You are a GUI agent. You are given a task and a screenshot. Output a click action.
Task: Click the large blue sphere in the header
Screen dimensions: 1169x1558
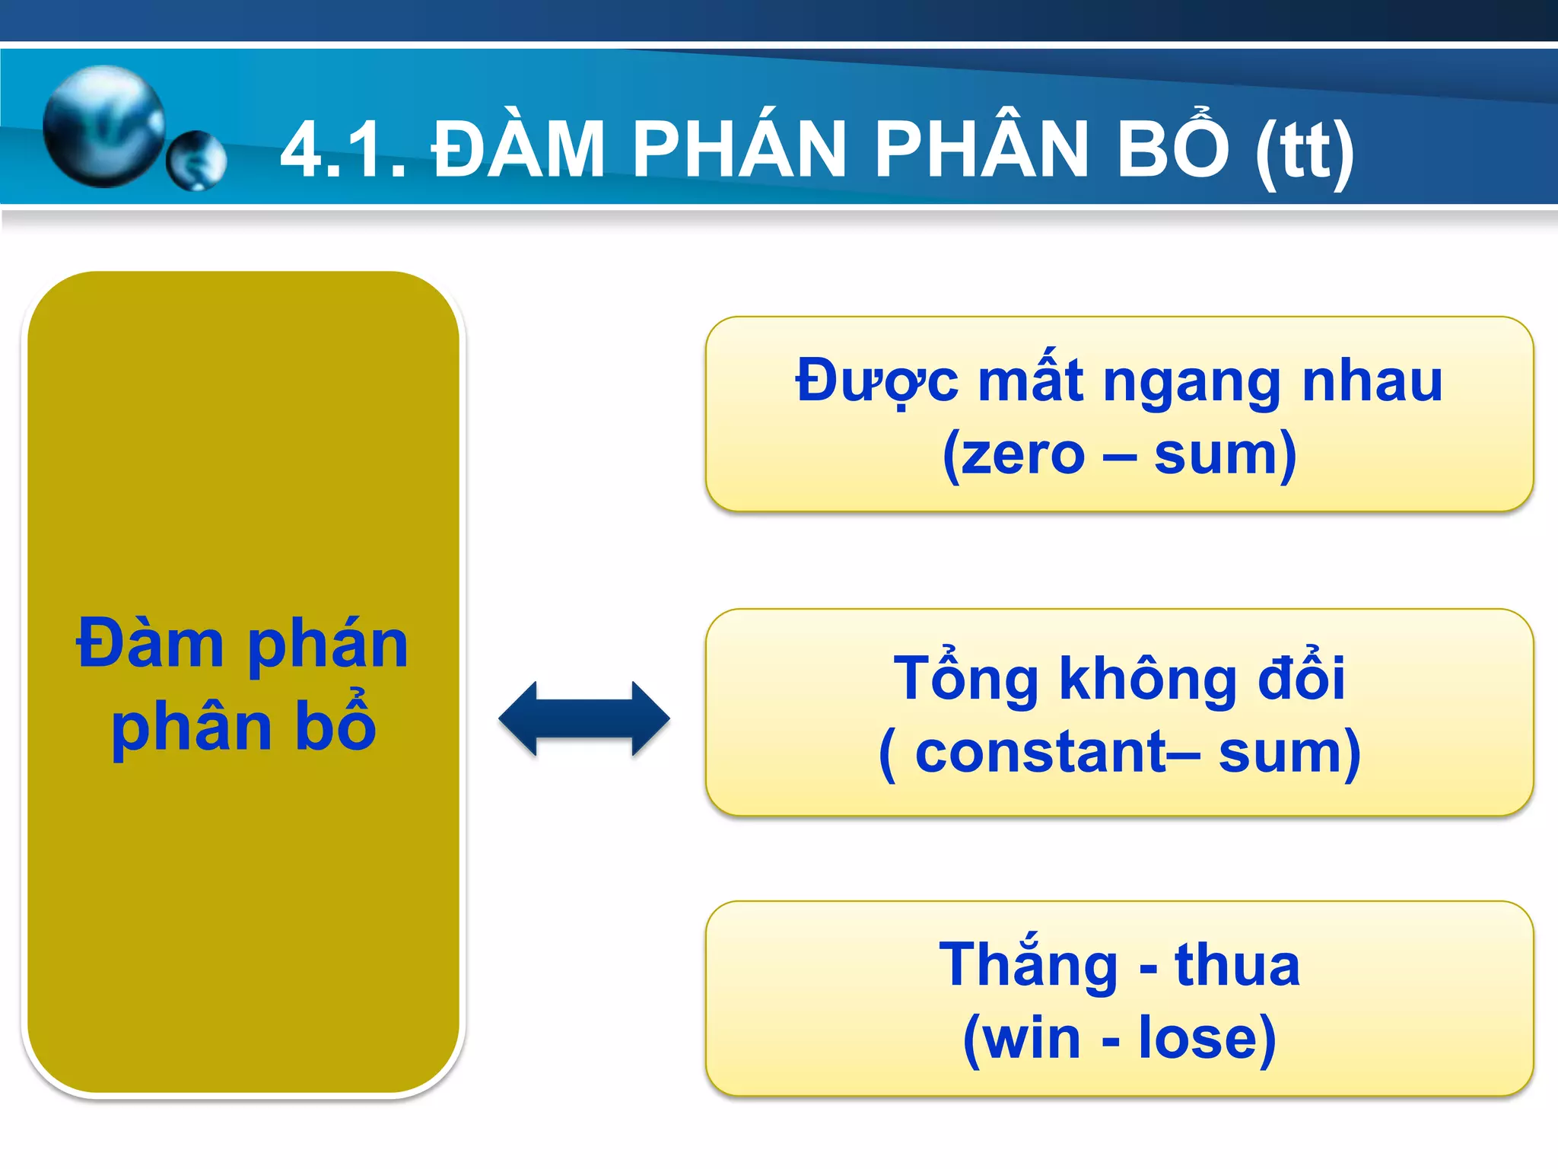pos(103,126)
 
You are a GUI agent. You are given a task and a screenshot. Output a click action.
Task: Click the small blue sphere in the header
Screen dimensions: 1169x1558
pos(196,161)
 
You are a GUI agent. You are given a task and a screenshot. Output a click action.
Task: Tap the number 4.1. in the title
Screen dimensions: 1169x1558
pos(343,150)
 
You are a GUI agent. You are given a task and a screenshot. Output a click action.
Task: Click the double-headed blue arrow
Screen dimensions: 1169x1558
pos(584,718)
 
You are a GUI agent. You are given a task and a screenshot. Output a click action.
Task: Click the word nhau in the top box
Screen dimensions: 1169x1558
pos(1372,381)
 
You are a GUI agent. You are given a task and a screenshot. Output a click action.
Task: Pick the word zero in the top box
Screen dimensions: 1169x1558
pos(1022,455)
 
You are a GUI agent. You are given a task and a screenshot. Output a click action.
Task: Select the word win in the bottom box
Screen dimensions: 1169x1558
pos(1032,1038)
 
